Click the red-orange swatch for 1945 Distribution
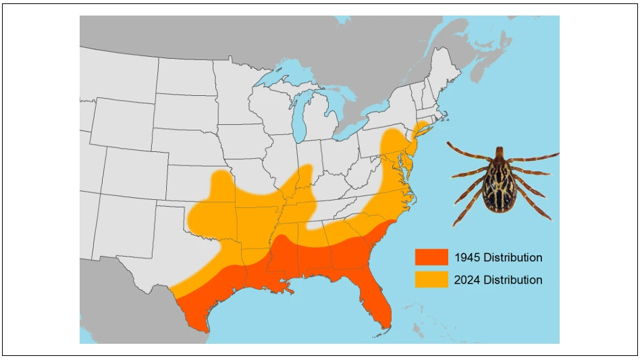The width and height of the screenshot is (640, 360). point(431,257)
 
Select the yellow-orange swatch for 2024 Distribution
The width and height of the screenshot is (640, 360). point(431,280)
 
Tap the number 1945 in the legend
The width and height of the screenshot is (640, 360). point(466,257)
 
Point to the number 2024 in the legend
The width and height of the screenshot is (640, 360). point(467,280)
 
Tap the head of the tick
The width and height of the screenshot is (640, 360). point(500,153)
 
